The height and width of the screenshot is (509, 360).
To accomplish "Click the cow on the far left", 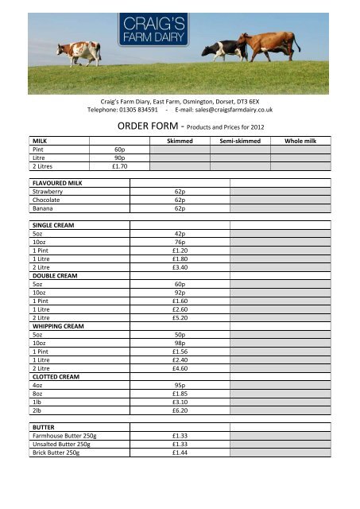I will pos(79,52).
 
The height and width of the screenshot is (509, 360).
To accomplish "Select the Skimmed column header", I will pos(179,141).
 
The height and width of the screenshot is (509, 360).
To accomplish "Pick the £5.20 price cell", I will pos(180,317).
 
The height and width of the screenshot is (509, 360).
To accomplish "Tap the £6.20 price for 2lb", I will pos(180,410).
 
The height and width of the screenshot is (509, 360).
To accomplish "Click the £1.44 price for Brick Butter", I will pos(180,453).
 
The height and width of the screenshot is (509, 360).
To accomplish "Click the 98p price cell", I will pos(180,343).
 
